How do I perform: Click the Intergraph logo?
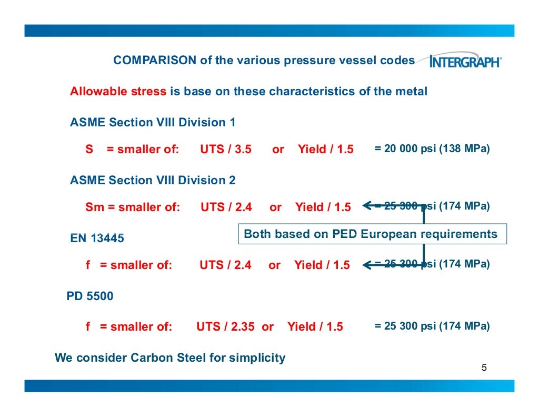click(465, 62)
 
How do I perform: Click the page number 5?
click(484, 368)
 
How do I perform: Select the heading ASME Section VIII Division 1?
click(153, 123)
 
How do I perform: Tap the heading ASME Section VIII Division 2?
click(153, 181)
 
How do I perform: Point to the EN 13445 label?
click(97, 239)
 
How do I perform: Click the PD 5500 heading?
click(89, 296)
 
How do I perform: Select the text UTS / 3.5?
click(225, 150)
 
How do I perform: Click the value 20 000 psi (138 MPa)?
click(432, 149)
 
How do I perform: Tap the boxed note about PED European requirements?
click(371, 234)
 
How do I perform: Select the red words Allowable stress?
click(118, 92)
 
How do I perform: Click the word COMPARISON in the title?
click(155, 61)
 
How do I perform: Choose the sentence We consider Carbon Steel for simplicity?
click(170, 358)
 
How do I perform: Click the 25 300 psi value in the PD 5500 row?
click(432, 326)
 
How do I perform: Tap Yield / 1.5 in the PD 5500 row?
click(315, 327)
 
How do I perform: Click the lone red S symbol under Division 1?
click(89, 150)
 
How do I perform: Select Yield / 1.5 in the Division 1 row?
click(325, 150)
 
